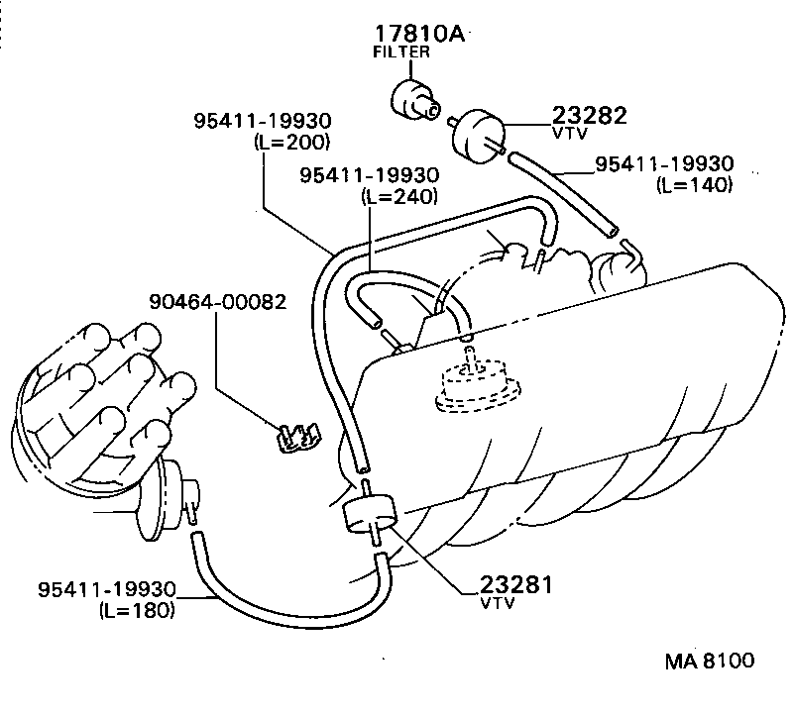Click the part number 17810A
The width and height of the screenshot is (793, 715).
[418, 33]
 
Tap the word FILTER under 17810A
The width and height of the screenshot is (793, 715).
[402, 52]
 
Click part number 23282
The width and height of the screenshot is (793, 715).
[590, 116]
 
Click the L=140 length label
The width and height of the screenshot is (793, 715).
[694, 185]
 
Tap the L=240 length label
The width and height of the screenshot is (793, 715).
[400, 196]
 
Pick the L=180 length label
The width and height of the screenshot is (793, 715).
[138, 610]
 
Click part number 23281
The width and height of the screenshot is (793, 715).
[515, 584]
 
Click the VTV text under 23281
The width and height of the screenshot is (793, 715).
[497, 603]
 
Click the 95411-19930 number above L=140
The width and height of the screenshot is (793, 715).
[664, 164]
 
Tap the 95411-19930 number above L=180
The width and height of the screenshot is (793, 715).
[107, 590]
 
